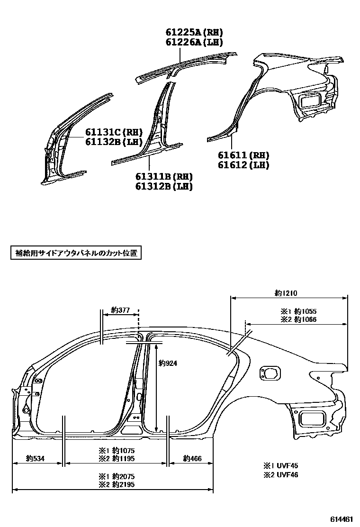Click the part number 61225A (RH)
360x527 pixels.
[194, 33]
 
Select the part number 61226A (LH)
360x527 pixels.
[194, 42]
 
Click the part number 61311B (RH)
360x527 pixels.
[164, 177]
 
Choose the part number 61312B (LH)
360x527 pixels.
[164, 186]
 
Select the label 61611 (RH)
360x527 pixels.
[243, 155]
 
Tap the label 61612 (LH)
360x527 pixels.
[243, 165]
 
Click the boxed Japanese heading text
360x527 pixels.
[76, 253]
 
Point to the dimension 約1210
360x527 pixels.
[286, 293]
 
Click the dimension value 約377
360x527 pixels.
[120, 310]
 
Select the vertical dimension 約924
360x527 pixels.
[167, 363]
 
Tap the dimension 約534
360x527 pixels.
[35, 458]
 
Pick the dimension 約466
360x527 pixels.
[192, 458]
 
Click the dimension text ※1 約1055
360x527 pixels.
[298, 311]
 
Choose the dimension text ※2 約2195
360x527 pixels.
[119, 485]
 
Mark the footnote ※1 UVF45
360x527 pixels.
[281, 466]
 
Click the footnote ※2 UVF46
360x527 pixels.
[281, 474]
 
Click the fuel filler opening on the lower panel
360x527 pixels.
[269, 373]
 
